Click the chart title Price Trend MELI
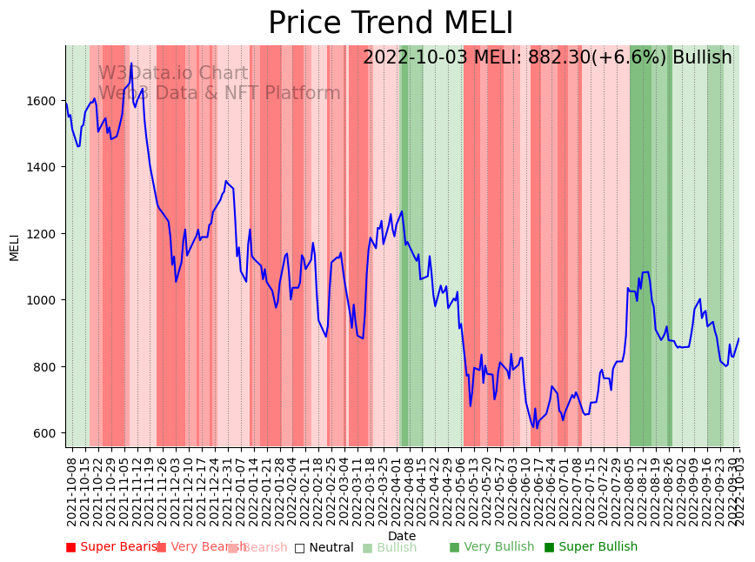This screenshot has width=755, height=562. pyautogui.click(x=391, y=23)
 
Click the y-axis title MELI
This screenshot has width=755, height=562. pyautogui.click(x=14, y=246)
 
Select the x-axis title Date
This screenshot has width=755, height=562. pyautogui.click(x=402, y=536)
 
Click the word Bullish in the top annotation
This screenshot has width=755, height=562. pyautogui.click(x=702, y=57)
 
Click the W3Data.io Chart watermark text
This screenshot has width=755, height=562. pyautogui.click(x=173, y=74)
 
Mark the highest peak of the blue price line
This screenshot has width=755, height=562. pyautogui.click(x=131, y=64)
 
